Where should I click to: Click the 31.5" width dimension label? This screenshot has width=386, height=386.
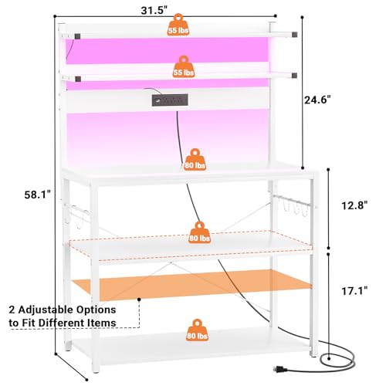tap(154, 11)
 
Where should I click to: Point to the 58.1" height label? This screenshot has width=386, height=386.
tap(38, 195)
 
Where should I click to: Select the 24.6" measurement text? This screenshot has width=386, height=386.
tap(317, 100)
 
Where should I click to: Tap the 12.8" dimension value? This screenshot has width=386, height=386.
tap(354, 205)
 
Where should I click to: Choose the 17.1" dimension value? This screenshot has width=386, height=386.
tap(354, 291)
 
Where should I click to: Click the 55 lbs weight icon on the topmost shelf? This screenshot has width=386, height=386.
tap(178, 25)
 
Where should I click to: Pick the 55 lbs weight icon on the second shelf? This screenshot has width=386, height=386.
tap(183, 66)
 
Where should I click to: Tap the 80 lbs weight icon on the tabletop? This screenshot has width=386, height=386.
tap(195, 160)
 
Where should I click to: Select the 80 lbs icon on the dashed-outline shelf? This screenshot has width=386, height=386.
tap(199, 232)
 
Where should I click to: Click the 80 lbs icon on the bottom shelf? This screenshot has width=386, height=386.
tap(197, 330)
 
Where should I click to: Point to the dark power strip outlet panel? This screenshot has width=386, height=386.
tap(170, 100)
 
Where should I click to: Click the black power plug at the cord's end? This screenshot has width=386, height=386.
tap(280, 369)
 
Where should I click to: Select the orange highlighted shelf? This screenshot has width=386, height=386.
tap(191, 285)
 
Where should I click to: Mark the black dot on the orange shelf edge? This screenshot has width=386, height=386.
tap(139, 300)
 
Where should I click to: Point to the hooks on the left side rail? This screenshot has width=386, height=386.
tap(77, 215)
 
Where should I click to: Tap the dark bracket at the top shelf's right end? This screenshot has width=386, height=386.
tap(294, 34)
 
